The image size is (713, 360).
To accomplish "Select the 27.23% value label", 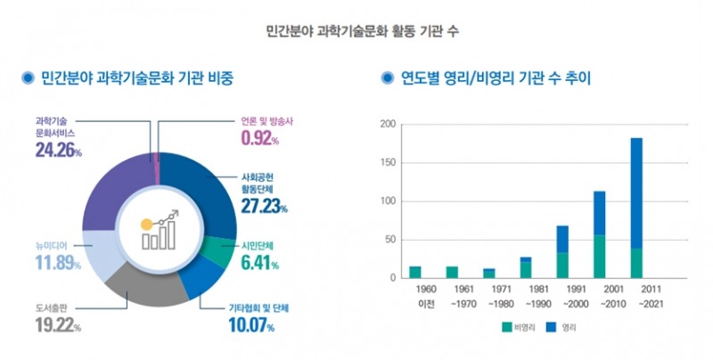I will pyautogui.click(x=264, y=207).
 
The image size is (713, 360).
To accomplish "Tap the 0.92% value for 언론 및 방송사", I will pyautogui.click(x=260, y=138).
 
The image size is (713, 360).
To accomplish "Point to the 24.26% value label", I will pyautogui.click(x=59, y=151).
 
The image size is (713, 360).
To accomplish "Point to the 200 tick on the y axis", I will pyautogui.click(x=386, y=124).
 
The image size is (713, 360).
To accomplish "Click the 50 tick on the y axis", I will pyautogui.click(x=389, y=240).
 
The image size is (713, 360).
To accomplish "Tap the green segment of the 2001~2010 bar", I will pyautogui.click(x=599, y=257).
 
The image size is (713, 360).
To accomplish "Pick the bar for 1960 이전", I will pyautogui.click(x=415, y=272).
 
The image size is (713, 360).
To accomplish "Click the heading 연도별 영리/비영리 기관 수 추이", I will pyautogui.click(x=488, y=78).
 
